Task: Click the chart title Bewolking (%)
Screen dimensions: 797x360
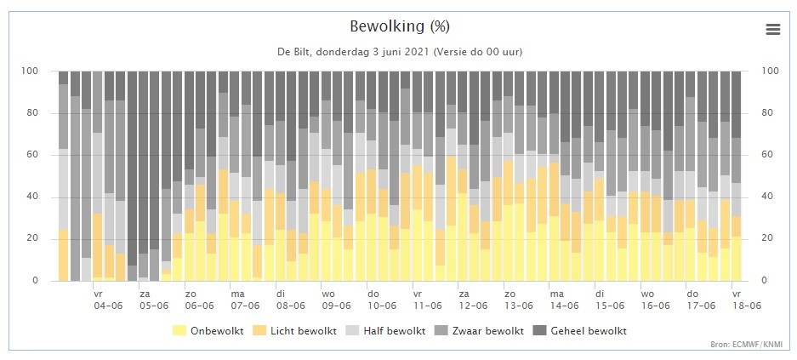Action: tap(400, 26)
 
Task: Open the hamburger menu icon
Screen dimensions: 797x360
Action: tap(772, 30)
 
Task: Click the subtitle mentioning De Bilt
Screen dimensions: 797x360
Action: tap(399, 52)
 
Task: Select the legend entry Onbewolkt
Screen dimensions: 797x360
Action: tap(208, 330)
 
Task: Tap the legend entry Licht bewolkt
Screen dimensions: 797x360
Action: tap(295, 330)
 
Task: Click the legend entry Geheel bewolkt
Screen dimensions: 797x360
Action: tap(579, 330)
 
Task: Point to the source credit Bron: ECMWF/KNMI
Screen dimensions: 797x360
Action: tap(747, 345)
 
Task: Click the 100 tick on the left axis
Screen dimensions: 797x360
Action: tap(29, 71)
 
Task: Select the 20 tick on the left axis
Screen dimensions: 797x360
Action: tap(32, 239)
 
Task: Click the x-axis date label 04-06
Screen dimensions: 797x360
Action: tap(109, 306)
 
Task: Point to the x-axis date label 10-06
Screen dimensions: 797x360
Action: tap(382, 306)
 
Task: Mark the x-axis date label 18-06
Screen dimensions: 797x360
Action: tap(746, 306)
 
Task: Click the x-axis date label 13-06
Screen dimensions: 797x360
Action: tap(519, 306)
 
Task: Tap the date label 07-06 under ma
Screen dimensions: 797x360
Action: tap(246, 306)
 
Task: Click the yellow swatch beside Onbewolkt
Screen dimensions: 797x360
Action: tap(179, 330)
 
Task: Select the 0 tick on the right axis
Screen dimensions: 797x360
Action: tap(764, 281)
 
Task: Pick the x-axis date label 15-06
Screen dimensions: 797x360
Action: tap(610, 306)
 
